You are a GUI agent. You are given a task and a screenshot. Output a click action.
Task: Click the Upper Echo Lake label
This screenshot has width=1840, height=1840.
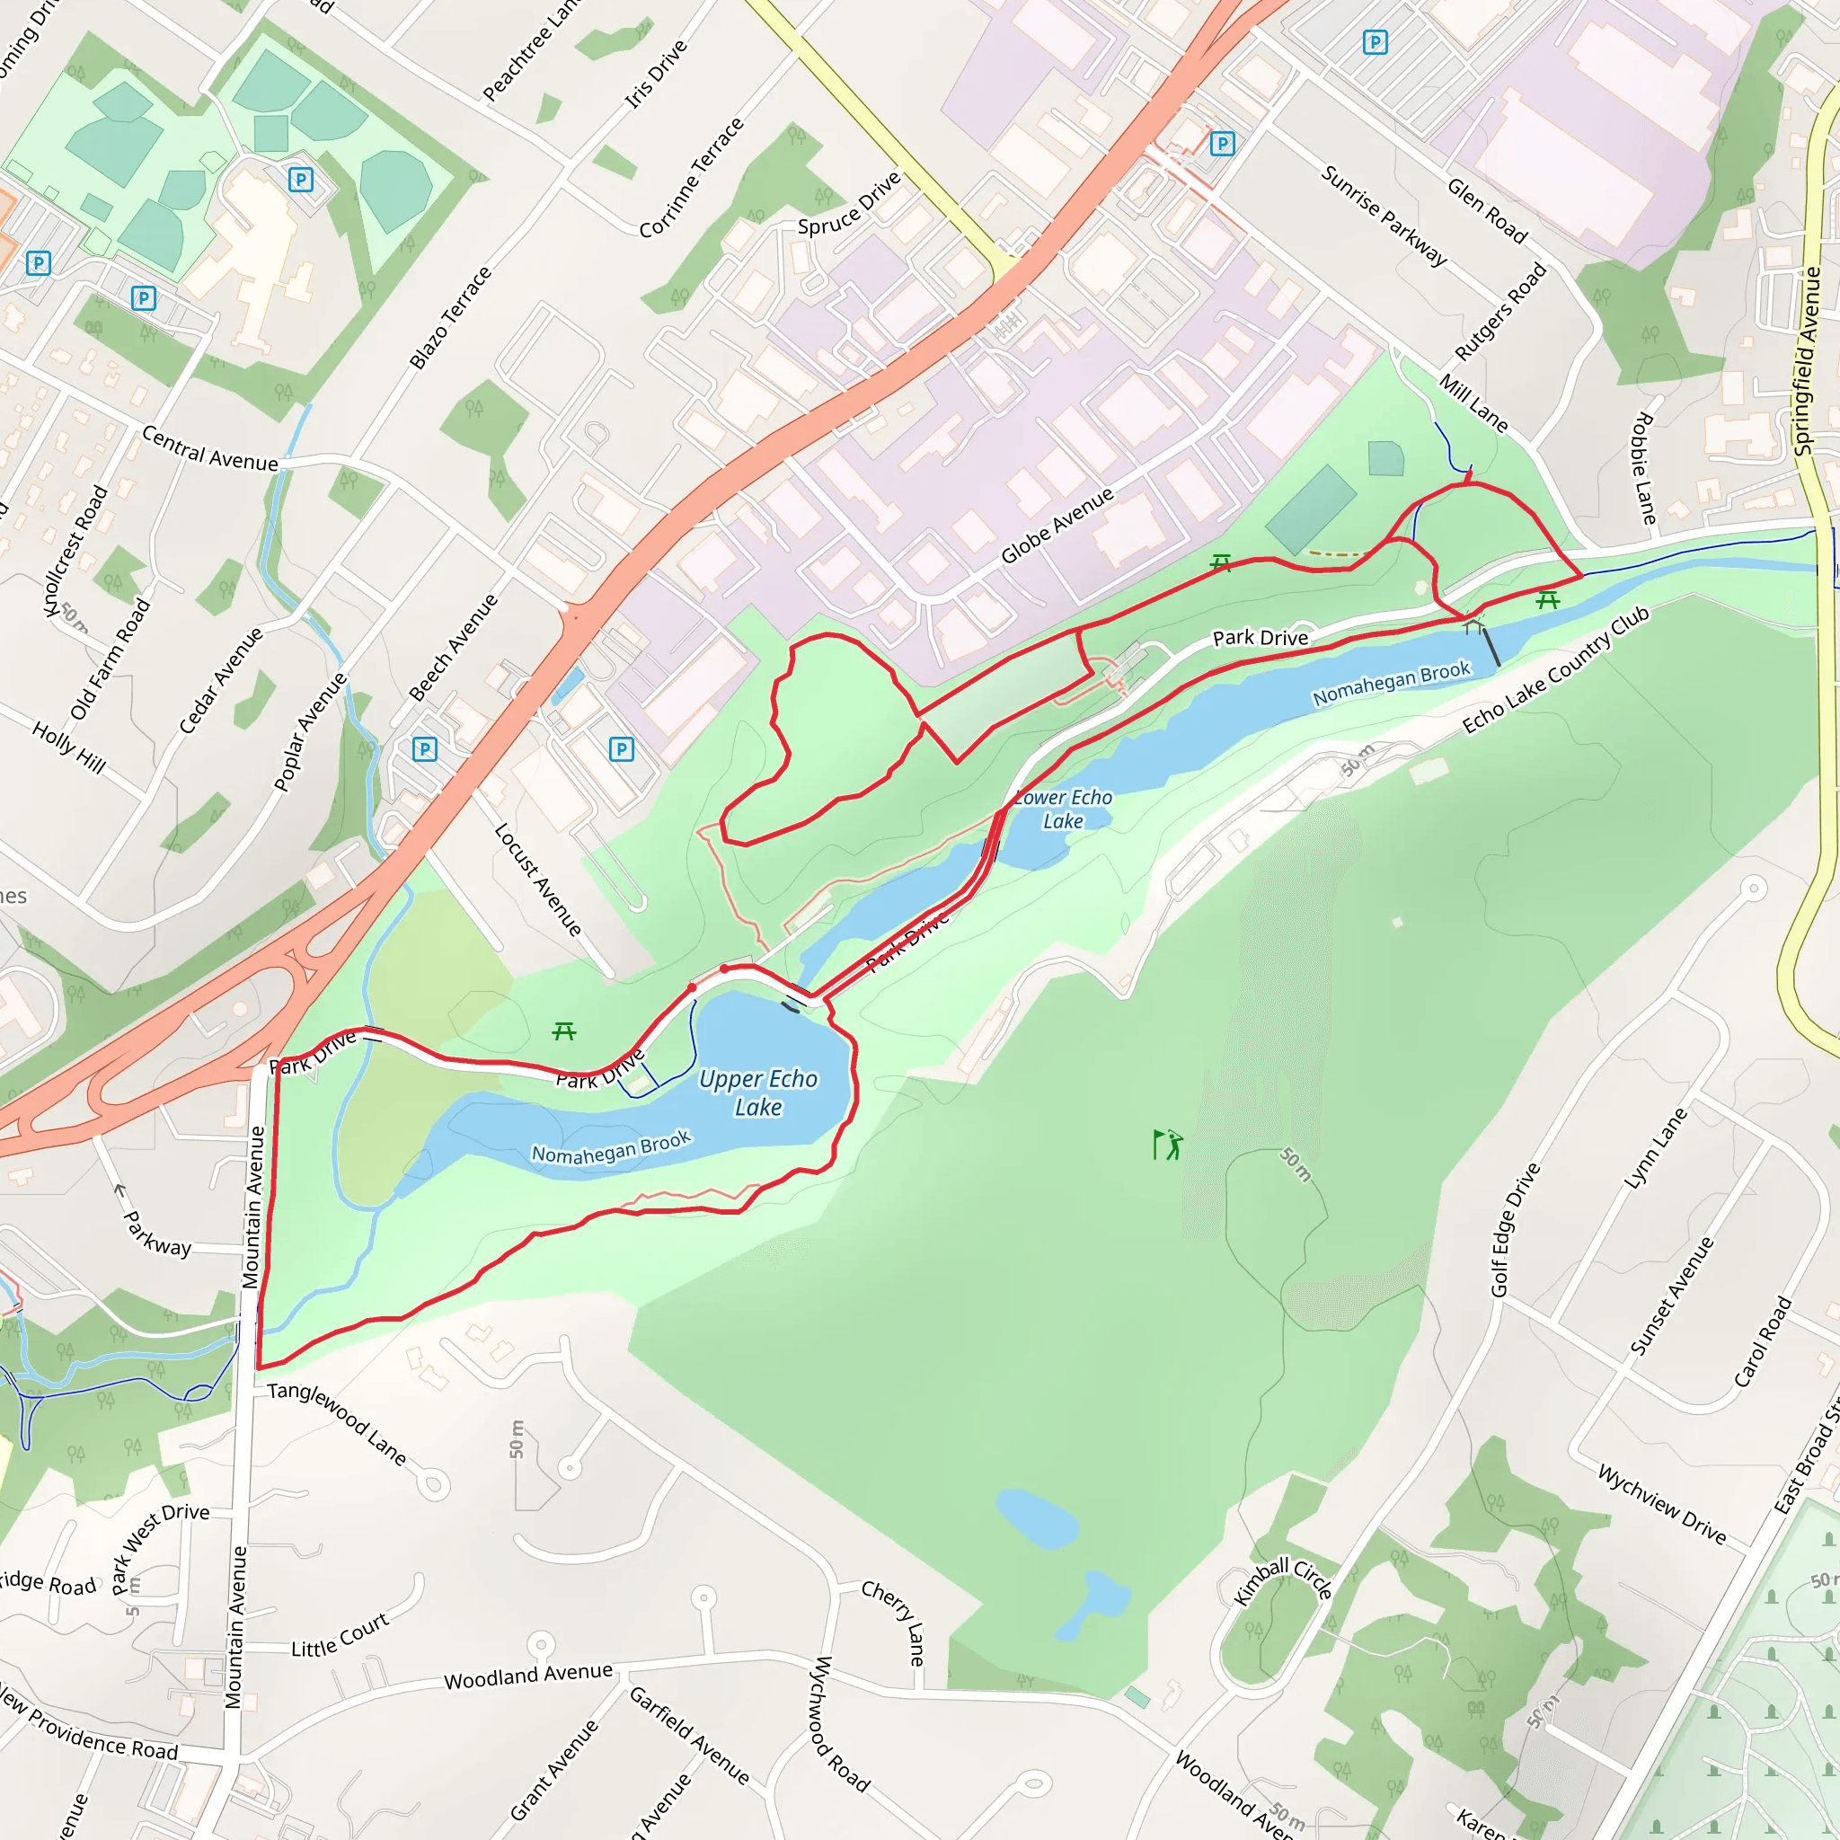[x=758, y=1092]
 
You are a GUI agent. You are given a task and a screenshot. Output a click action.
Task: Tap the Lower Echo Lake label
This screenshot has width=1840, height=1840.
[x=1063, y=809]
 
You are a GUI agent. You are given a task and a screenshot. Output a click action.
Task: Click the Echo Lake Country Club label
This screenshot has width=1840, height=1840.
[x=1555, y=669]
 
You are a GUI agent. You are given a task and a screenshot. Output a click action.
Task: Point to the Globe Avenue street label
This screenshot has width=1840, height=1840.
[x=1057, y=526]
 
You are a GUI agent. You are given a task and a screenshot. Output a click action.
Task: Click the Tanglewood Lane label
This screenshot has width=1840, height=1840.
[x=337, y=1423]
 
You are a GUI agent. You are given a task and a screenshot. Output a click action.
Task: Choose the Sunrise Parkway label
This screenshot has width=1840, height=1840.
[x=1383, y=216]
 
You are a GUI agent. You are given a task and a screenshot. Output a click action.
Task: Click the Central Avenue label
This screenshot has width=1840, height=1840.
[x=209, y=448]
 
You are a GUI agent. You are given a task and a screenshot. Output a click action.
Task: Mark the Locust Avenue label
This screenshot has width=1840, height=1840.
[x=537, y=879]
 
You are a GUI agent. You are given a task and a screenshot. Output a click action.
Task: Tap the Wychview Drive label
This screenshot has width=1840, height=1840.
[x=1662, y=1503]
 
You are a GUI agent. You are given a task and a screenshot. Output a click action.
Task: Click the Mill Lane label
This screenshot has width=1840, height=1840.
[x=1473, y=402]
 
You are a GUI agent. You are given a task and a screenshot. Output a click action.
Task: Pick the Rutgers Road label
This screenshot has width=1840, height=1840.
[x=1500, y=313]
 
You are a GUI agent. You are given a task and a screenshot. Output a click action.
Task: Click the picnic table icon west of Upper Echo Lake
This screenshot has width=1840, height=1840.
[x=564, y=1031]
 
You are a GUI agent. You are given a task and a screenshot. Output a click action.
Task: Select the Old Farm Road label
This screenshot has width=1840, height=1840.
[x=110, y=657]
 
